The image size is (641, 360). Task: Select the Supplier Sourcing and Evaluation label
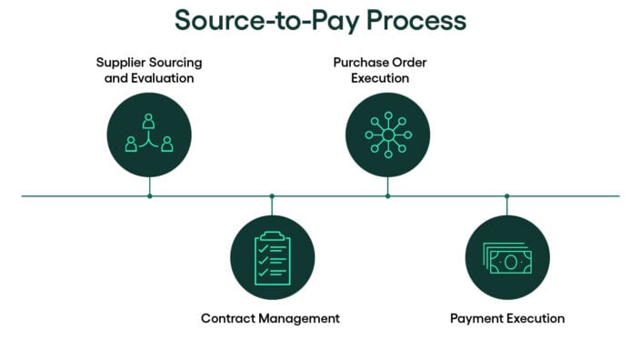tap(149, 70)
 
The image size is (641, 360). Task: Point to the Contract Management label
tap(270, 318)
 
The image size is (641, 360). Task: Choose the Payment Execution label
tap(507, 318)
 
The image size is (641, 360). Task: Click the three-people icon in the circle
tap(149, 135)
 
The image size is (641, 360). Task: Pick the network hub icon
tap(388, 135)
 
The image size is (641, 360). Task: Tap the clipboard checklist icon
tap(272, 258)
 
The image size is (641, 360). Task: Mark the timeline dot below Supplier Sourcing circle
tap(150, 195)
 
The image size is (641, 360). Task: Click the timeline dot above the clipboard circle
tap(272, 195)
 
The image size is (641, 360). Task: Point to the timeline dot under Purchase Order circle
tap(388, 195)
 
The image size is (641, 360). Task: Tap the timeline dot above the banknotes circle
tap(507, 195)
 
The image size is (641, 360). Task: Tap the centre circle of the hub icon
tap(388, 135)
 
